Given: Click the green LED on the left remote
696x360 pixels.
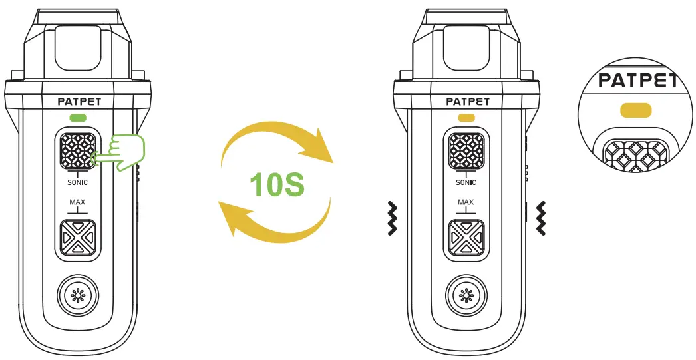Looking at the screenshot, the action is (78, 118).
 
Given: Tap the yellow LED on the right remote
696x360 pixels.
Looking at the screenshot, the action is (466, 118).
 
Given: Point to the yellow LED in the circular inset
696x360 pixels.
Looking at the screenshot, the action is (636, 110).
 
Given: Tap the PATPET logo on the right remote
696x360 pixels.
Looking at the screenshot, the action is (467, 102).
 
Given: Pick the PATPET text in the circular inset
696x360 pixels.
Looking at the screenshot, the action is (637, 81).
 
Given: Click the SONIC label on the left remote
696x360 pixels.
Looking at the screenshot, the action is (78, 182).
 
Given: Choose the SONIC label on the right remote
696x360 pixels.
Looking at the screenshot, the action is (466, 182).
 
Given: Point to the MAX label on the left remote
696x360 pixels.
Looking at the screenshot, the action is (78, 202).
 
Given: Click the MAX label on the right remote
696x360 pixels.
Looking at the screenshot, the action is (466, 202).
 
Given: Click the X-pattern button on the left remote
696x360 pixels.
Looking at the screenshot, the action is (78, 238).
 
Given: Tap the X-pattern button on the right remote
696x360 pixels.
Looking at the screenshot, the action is (466, 238).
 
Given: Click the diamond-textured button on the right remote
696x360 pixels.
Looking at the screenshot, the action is (466, 152).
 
